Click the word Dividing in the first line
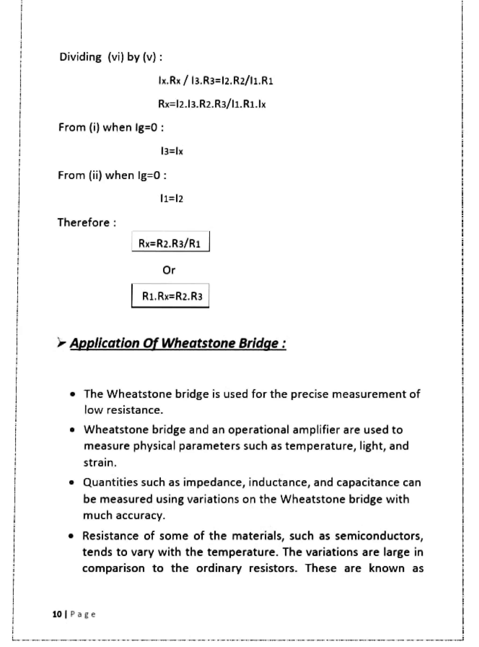point(80,57)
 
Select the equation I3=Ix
point(172,151)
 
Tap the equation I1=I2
point(172,199)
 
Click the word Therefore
point(83,223)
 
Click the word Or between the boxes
point(169,270)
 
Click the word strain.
point(99,463)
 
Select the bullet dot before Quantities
point(72,483)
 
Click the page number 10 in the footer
point(57,614)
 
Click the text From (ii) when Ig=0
point(112,175)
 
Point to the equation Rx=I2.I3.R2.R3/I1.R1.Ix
point(212,104)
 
